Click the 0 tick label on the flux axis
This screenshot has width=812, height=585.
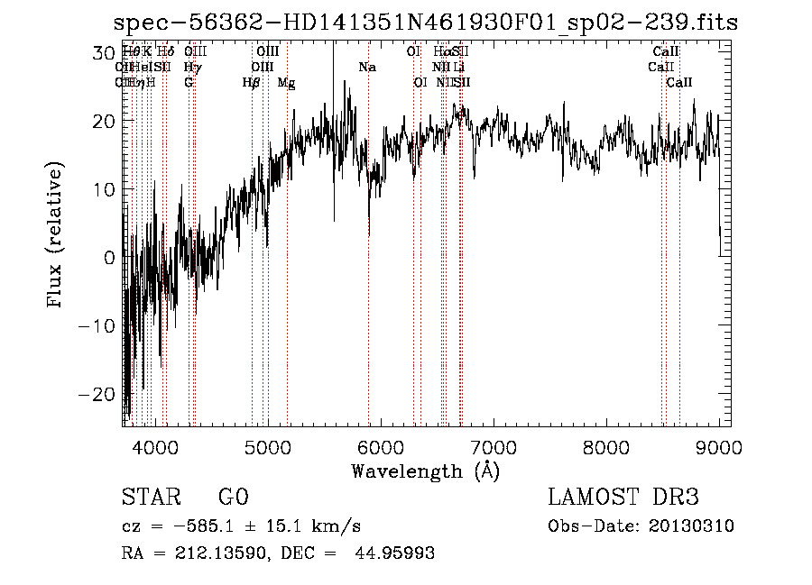coord(110,257)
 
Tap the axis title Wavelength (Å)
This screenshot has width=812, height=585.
coord(425,471)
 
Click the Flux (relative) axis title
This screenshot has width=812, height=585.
coord(56,236)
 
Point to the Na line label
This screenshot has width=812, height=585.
coord(367,67)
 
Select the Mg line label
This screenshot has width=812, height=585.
coord(286,83)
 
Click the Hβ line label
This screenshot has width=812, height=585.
coord(252,83)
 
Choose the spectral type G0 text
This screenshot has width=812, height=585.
coord(233,498)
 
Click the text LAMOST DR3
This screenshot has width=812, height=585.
coord(623,498)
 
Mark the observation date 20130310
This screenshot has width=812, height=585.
coord(695,526)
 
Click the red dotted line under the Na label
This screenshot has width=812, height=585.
coord(369,270)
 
